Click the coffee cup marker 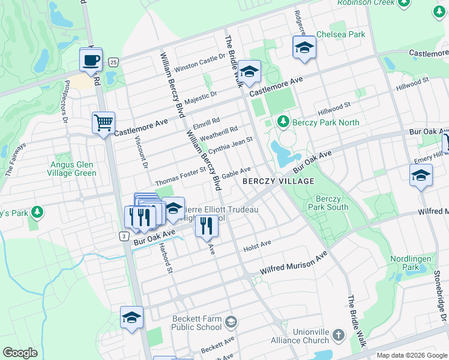click(x=91, y=61)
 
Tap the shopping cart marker click(x=103, y=124)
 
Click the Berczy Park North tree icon click(x=285, y=122)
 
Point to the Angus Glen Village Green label click(x=73, y=169)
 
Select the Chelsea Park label click(x=340, y=34)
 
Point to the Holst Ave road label click(x=258, y=246)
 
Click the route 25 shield click(x=113, y=62)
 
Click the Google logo click(x=20, y=353)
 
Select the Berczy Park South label click(x=331, y=203)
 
